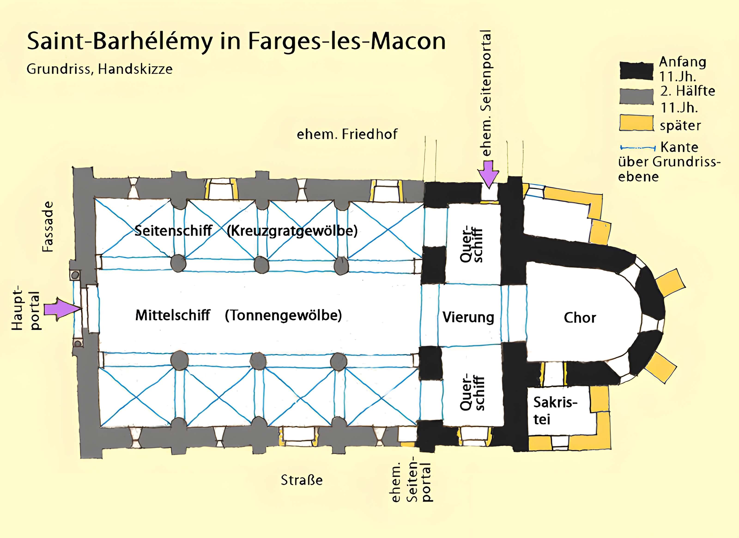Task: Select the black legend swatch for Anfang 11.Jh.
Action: click(x=636, y=70)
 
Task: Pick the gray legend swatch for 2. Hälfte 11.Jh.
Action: click(x=636, y=97)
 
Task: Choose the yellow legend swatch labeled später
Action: click(x=636, y=123)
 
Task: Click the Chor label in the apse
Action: click(x=580, y=318)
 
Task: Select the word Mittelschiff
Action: click(x=173, y=315)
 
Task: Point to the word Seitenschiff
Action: click(x=173, y=231)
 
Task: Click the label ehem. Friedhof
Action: click(x=347, y=134)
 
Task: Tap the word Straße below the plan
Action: click(x=302, y=480)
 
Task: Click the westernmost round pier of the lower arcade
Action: click(x=179, y=360)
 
